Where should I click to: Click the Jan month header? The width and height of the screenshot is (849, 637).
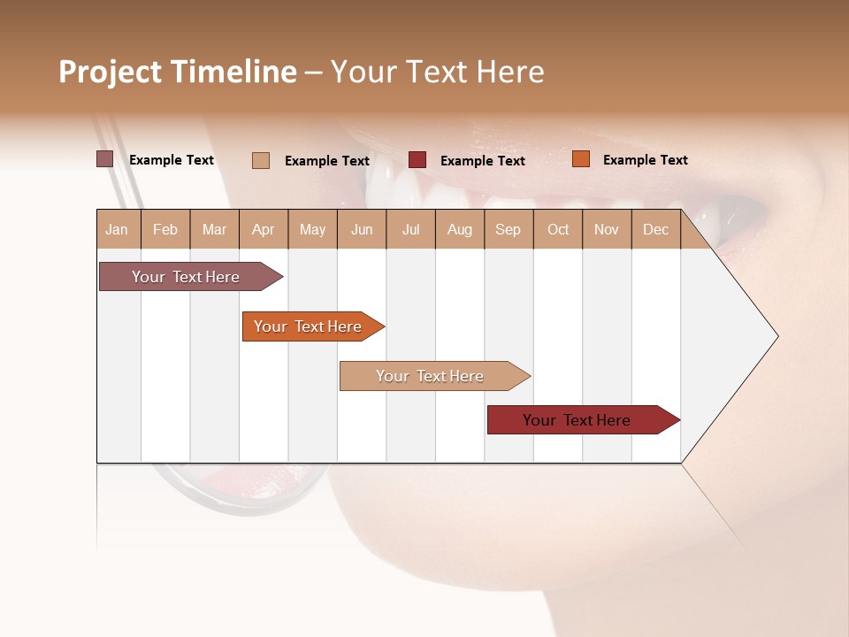pos(118,229)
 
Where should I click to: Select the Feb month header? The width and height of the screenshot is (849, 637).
pos(165,229)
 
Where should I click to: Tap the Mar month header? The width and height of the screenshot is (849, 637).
pos(214,229)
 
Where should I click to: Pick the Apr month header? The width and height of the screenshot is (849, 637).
pos(264,229)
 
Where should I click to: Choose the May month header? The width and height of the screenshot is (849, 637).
pos(312,229)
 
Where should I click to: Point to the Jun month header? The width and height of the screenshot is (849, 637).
pos(362,229)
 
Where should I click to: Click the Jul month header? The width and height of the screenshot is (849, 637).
pos(410,229)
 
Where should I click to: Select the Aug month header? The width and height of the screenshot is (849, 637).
pos(460,229)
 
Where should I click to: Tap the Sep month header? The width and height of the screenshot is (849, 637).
pos(509,229)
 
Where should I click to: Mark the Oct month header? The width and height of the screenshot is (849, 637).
pos(558,229)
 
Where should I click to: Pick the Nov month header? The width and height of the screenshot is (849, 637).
pos(607,229)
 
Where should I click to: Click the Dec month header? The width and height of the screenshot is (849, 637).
pos(656,229)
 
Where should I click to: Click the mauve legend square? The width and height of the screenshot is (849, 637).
pos(104,159)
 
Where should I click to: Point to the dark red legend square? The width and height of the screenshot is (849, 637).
pos(417,159)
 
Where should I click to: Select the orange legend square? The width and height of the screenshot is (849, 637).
pos(580,159)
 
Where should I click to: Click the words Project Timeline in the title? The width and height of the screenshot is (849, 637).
pos(177,72)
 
